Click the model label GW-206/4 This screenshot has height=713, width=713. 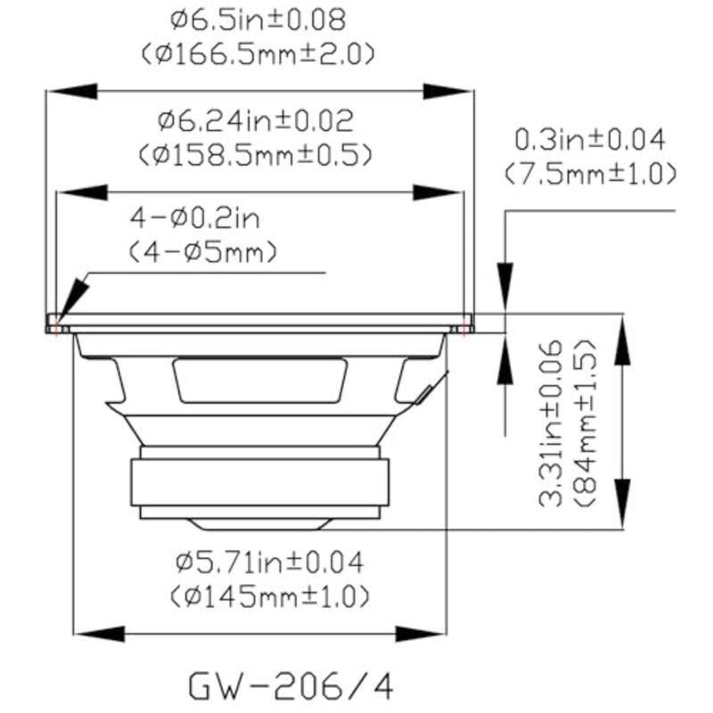point(291,685)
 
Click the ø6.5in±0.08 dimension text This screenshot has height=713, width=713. point(258,20)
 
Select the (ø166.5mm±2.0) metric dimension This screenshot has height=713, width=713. point(258,54)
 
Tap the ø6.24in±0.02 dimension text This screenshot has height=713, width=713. point(256,121)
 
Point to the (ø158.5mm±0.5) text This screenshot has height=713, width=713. point(256,155)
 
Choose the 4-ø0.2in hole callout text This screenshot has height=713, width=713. point(195,218)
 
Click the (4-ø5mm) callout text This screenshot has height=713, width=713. point(203,252)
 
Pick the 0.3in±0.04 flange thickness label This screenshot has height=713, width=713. point(590,140)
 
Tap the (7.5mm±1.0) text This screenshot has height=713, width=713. point(590,174)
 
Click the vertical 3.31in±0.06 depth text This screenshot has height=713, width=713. point(551,422)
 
